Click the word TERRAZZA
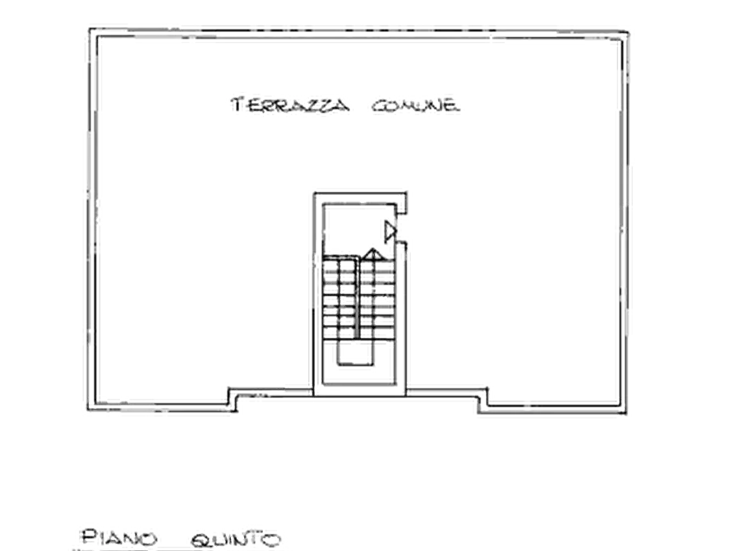click(290, 104)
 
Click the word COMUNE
click(416, 105)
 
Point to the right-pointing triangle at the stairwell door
click(390, 232)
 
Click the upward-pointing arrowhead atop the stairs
click(372, 254)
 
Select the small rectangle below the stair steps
click(355, 352)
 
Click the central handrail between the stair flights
click(358, 298)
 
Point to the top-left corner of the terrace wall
click(90, 30)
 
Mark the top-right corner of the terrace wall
click(627, 32)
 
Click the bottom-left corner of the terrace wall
click(88, 410)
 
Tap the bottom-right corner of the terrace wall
click(626, 413)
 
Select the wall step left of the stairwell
click(233, 399)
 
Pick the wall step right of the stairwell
click(482, 401)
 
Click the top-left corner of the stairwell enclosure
click(314, 193)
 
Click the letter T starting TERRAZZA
click(238, 104)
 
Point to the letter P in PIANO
click(89, 537)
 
